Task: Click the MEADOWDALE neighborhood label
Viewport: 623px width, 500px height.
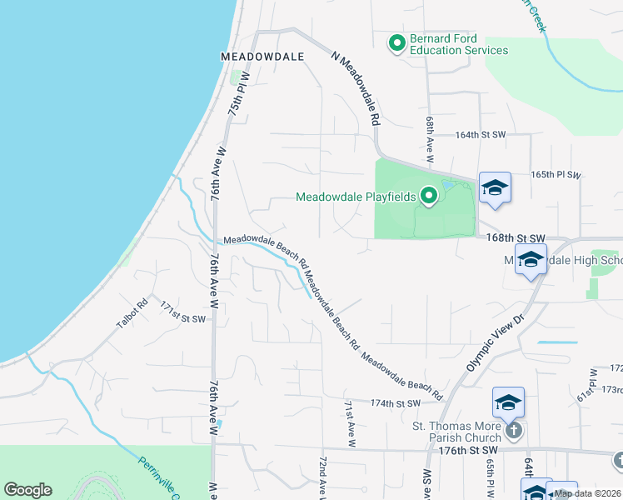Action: click(x=262, y=57)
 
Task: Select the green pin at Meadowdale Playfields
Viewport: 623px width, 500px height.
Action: click(x=429, y=197)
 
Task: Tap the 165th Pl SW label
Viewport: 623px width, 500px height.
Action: click(x=556, y=175)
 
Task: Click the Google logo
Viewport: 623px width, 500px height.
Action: click(x=27, y=490)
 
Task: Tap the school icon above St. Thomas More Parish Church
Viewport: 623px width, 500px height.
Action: click(x=508, y=404)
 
